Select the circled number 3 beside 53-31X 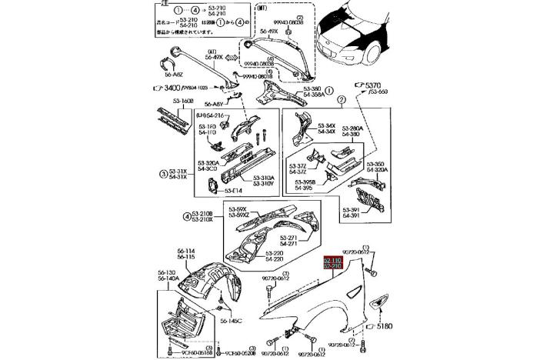click(x=163, y=174)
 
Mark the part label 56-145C click(x=231, y=321)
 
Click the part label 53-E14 click(x=232, y=190)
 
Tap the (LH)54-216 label click(x=210, y=115)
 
